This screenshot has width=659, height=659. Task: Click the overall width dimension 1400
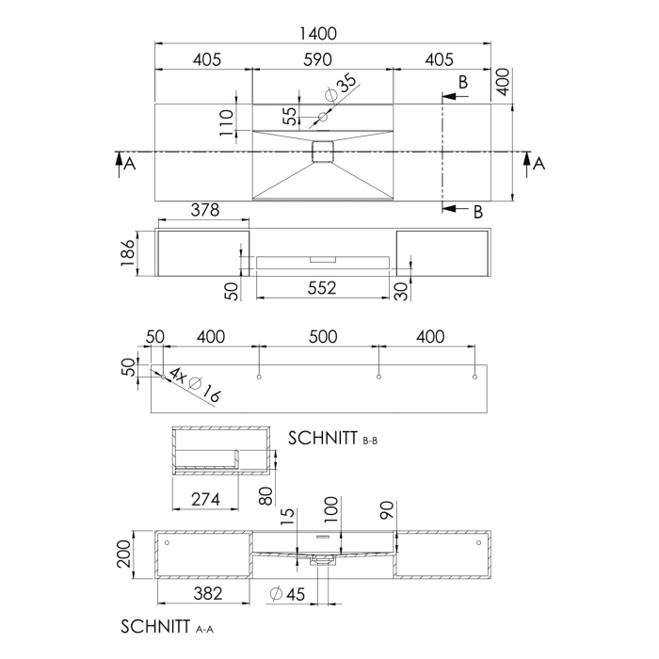(318, 34)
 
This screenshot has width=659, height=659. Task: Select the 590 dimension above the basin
(318, 59)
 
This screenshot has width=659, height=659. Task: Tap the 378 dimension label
(205, 210)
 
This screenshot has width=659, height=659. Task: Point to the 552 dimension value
(322, 288)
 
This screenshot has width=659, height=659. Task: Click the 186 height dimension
(128, 253)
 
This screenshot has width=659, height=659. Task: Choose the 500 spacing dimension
(323, 337)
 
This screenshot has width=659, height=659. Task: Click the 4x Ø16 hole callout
(195, 384)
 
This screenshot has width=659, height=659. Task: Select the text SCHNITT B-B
(332, 438)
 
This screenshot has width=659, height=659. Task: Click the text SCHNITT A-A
(167, 627)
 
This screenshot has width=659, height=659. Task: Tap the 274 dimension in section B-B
(205, 499)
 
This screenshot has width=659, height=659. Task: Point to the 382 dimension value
(208, 593)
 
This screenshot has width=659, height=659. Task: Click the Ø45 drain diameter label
(287, 594)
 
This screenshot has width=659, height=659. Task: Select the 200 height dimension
(124, 555)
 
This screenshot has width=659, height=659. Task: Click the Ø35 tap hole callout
(342, 88)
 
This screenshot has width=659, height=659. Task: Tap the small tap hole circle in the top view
(323, 117)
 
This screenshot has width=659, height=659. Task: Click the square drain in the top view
(323, 152)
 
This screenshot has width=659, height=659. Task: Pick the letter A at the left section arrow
(130, 163)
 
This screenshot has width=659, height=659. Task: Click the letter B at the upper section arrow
(463, 82)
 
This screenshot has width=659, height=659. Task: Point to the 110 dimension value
(227, 122)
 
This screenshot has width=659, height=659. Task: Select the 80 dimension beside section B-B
(266, 496)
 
